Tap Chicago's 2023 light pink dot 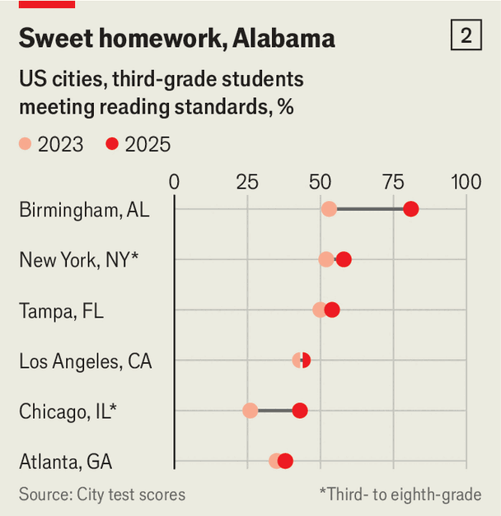coord(250,410)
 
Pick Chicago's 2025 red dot coord(300,410)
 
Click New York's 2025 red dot coord(344,259)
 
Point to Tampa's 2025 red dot coord(332,309)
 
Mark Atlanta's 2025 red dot coord(285,460)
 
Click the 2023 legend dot coord(26,145)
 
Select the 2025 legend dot coord(113,145)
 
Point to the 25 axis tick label coord(247,182)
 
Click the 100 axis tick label coord(466,182)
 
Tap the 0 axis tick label coord(174,182)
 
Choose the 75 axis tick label coord(393,182)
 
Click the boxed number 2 coord(466,36)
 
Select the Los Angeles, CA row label coord(85,360)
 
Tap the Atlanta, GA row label coord(65,461)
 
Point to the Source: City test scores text coord(102,494)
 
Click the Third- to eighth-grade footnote coord(400,494)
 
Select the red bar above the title coord(46,4)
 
